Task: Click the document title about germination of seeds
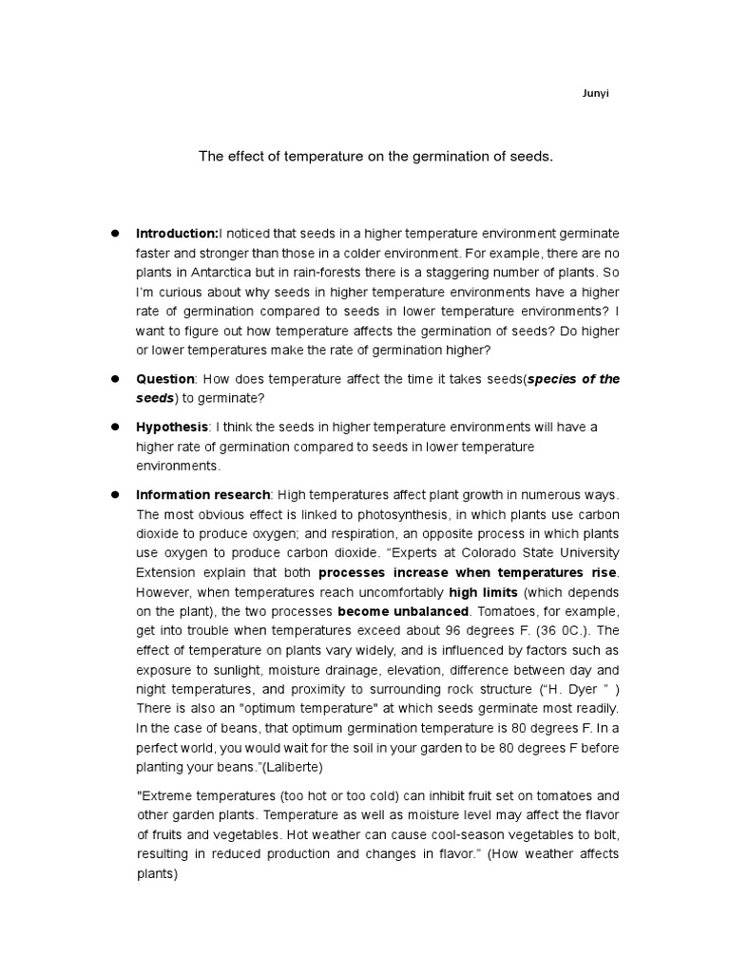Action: pyautogui.click(x=375, y=156)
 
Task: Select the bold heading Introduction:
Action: pyautogui.click(x=177, y=233)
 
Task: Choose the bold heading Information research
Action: pyautogui.click(x=203, y=495)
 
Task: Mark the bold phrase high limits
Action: pyautogui.click(x=483, y=591)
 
